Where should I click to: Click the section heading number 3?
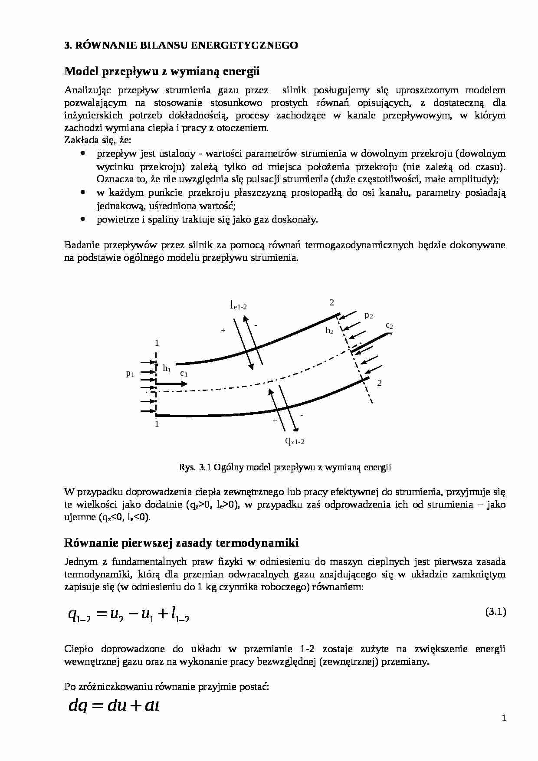(67, 45)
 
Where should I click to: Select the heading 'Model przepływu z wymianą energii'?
(162, 71)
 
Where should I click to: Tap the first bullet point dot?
(82, 154)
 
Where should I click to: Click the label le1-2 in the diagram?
(238, 305)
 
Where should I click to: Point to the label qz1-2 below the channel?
(295, 441)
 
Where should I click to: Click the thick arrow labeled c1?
(171, 384)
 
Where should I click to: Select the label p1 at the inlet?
(130, 373)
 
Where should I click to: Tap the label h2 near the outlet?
(330, 331)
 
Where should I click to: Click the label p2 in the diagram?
(369, 315)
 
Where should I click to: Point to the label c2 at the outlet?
(389, 325)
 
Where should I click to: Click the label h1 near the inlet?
(167, 368)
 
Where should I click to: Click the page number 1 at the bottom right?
(504, 718)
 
